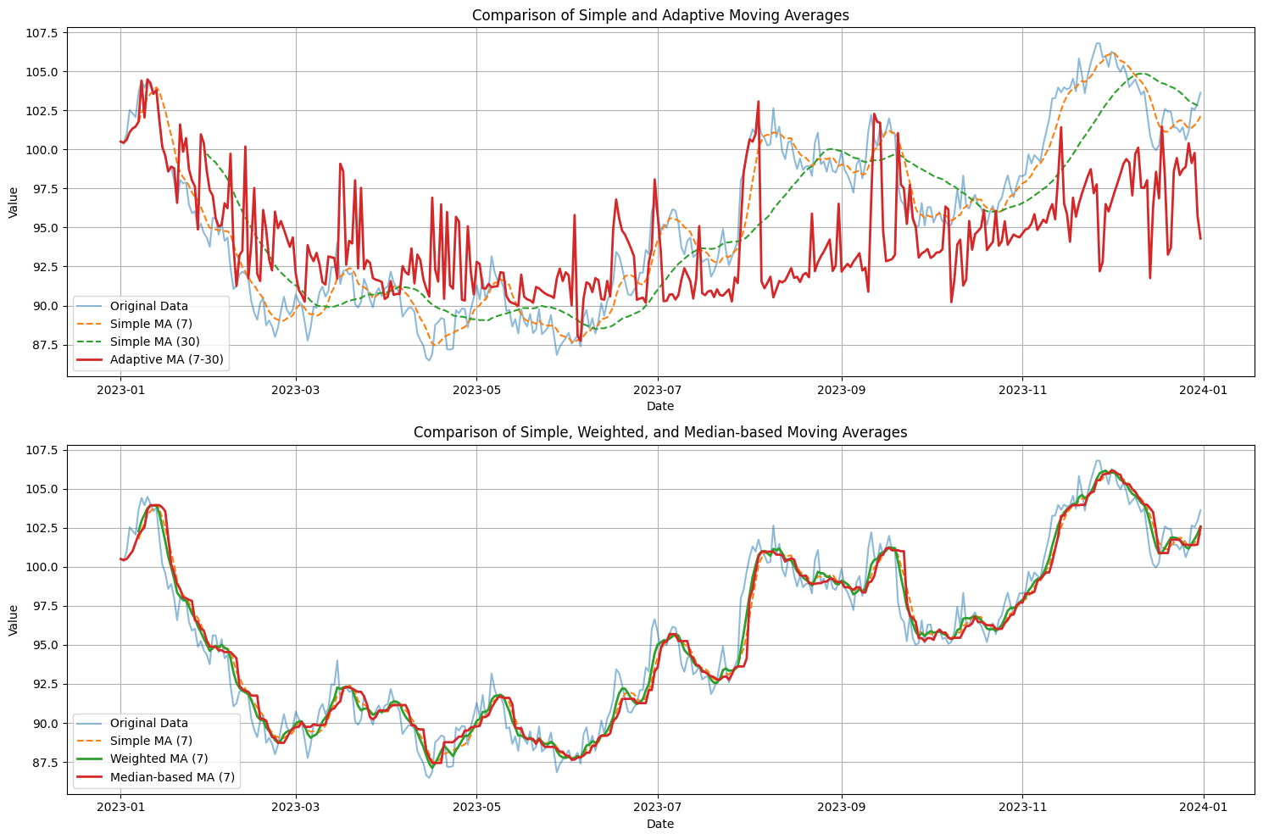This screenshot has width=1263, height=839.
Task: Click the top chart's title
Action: pos(660,15)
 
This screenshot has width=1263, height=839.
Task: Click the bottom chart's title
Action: pos(660,432)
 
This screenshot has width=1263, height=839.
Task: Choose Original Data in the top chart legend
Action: pos(149,306)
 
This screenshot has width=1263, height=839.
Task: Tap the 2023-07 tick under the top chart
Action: pos(658,390)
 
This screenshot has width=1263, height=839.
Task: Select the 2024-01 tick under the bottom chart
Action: pos(1204,807)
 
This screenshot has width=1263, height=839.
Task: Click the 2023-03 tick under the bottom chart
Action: pos(296,807)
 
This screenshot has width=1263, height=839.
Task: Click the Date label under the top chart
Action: pos(660,407)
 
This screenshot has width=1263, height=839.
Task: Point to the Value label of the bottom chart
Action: pos(14,620)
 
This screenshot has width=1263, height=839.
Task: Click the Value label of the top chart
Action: pos(14,203)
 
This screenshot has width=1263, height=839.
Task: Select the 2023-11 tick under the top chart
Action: pos(1022,390)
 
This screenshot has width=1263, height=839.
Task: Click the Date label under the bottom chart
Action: pos(660,824)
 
